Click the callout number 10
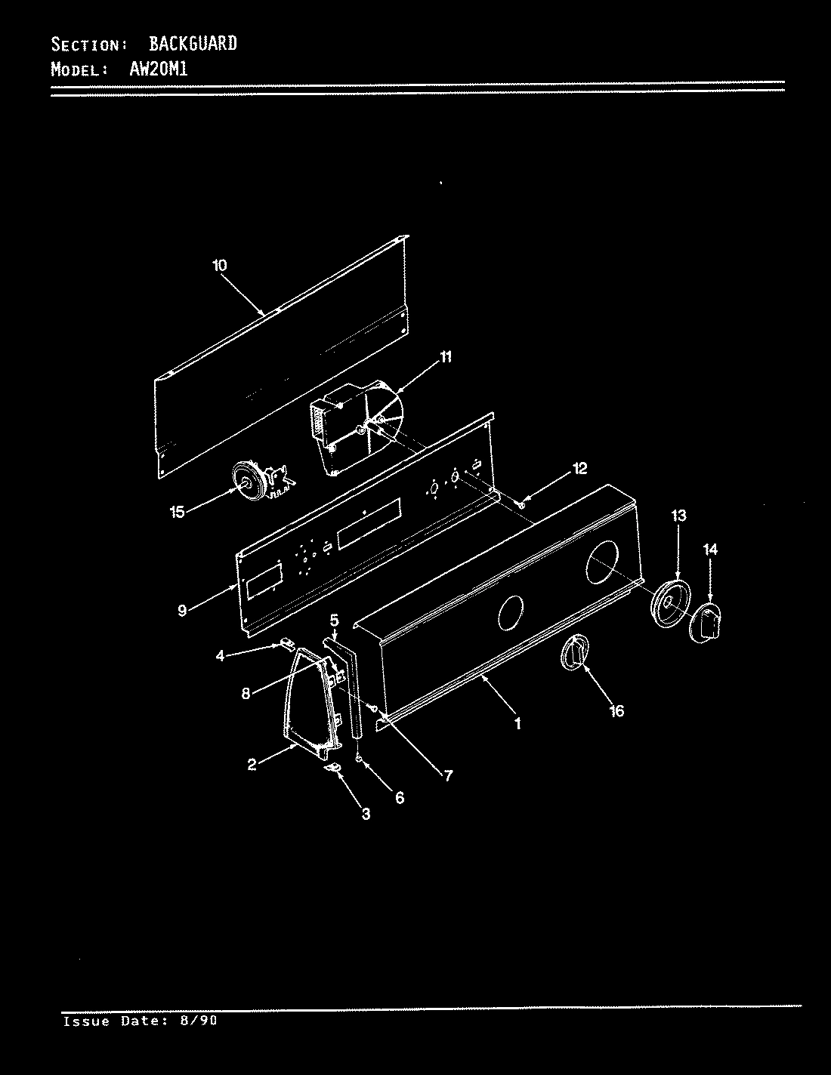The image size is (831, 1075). click(219, 266)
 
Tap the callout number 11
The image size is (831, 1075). click(446, 357)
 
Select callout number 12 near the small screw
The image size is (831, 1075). click(579, 469)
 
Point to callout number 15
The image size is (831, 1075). click(177, 513)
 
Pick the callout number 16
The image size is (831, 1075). click(616, 711)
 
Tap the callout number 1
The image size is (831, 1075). click(517, 723)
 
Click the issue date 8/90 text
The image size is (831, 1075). click(199, 1021)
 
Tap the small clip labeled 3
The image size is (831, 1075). click(332, 768)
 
